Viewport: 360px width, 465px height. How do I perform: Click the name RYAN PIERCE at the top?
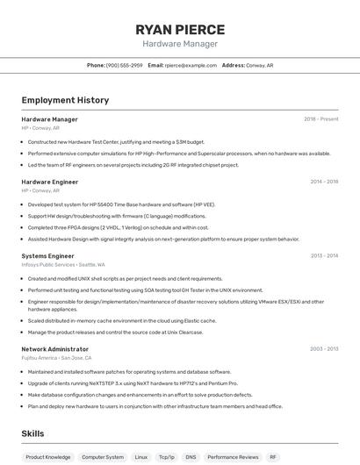180,29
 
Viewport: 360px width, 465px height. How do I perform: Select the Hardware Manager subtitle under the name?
180,44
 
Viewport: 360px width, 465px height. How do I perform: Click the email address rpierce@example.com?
191,65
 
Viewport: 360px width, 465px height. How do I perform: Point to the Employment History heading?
65,100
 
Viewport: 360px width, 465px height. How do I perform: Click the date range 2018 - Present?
320,119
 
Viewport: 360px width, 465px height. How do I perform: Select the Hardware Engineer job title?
49,182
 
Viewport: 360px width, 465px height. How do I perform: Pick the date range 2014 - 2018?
324,182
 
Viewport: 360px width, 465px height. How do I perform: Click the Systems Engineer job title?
47,256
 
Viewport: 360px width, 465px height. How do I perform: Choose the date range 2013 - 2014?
324,256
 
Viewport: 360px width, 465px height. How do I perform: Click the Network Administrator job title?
54,349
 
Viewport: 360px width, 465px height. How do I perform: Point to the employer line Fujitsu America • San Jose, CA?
56,358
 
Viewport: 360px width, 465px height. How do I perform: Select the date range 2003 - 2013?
324,349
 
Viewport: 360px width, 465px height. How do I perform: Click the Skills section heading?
32,433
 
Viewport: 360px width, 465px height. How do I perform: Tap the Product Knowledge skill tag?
48,457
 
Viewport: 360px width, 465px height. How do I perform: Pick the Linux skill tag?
140,457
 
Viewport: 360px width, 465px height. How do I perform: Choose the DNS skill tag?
191,457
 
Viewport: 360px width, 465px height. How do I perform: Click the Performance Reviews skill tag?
233,457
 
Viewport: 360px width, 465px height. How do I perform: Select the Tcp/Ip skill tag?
166,457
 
